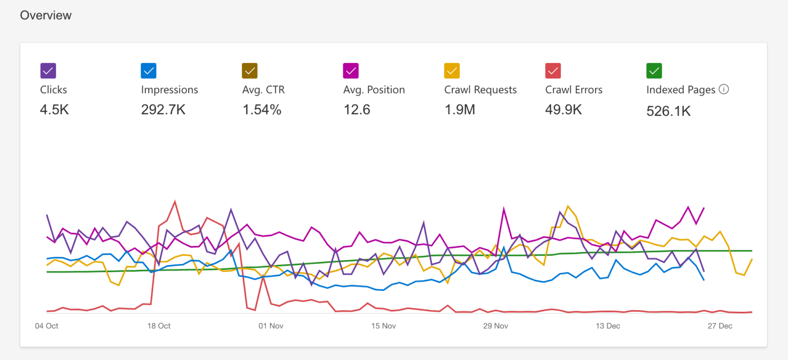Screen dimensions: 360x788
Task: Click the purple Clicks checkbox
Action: tap(48, 71)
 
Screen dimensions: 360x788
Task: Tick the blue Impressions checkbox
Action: tap(149, 71)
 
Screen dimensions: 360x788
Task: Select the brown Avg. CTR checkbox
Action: tap(250, 71)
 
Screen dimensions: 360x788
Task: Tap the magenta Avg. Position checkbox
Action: tap(351, 71)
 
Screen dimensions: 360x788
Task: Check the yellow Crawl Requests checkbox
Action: tap(452, 71)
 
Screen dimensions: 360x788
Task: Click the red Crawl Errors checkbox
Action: tap(553, 71)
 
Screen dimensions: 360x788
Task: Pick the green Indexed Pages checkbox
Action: tap(654, 71)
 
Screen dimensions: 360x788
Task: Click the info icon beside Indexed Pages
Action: tap(724, 89)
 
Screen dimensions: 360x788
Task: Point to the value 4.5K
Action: tap(54, 110)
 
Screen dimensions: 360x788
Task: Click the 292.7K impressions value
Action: tap(163, 110)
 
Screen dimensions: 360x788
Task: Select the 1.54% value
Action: tap(262, 110)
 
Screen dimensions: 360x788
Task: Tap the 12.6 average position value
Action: tap(357, 110)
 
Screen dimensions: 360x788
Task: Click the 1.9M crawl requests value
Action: tap(460, 110)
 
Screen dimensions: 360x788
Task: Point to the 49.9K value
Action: tap(563, 110)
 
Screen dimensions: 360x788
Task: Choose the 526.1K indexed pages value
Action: tap(668, 111)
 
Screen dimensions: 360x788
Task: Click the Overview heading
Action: tap(46, 15)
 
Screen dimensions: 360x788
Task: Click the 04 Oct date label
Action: tap(47, 326)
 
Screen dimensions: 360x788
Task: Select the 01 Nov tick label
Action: tap(271, 326)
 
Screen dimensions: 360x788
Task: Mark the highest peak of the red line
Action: tap(175, 202)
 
